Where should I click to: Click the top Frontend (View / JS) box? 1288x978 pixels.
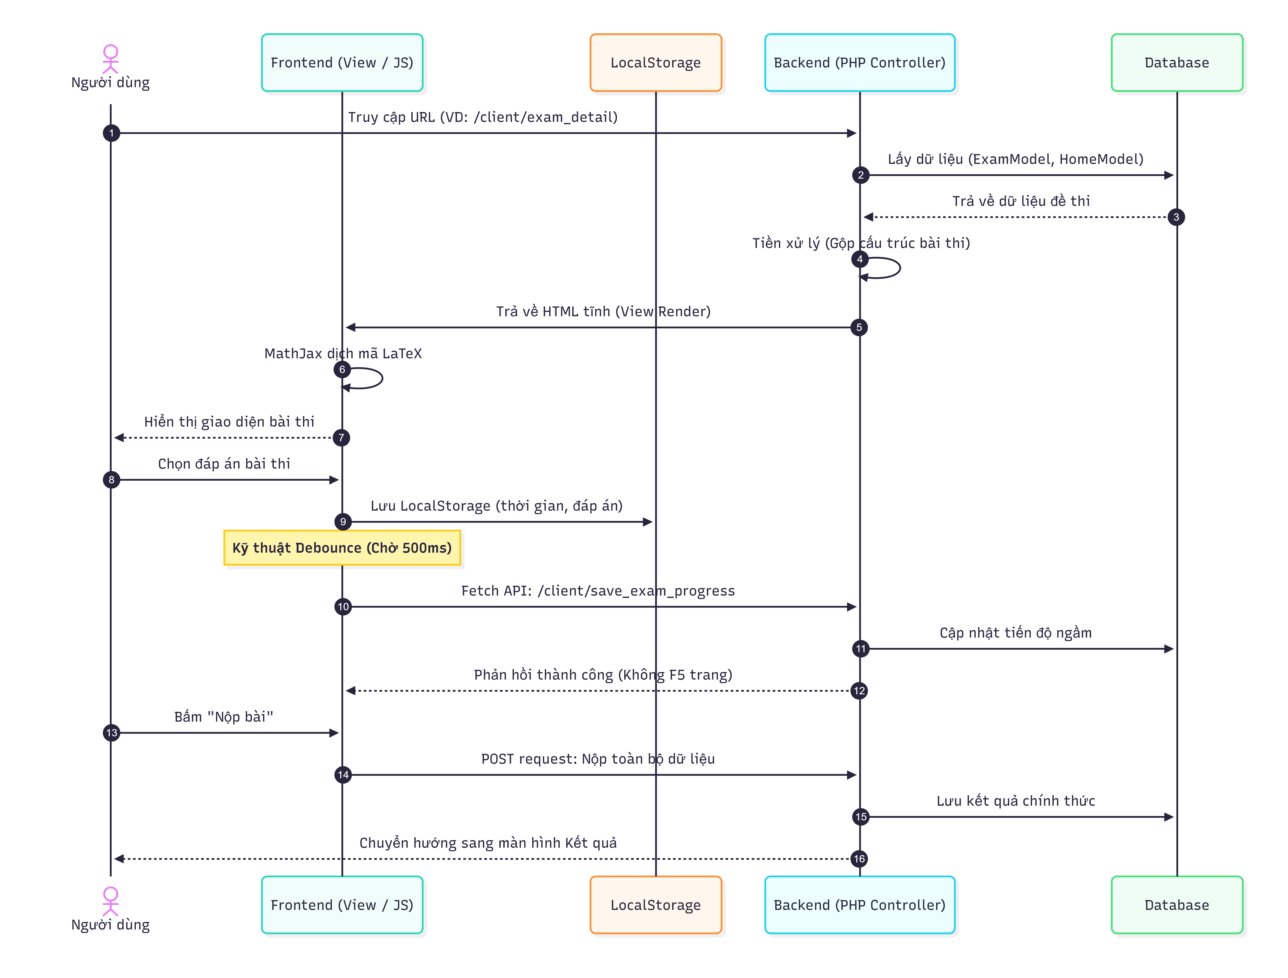342,63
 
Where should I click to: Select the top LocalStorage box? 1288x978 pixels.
656,63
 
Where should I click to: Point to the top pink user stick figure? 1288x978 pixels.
111,59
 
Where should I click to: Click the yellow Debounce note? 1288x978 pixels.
342,548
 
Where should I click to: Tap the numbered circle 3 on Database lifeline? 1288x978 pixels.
1176,217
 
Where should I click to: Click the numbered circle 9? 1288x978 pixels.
343,522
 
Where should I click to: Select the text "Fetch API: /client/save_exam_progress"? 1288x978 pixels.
598,591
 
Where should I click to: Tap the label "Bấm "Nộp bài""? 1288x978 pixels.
224,717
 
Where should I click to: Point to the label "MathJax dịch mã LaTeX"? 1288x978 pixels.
343,353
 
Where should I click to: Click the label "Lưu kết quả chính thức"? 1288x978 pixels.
1016,801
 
